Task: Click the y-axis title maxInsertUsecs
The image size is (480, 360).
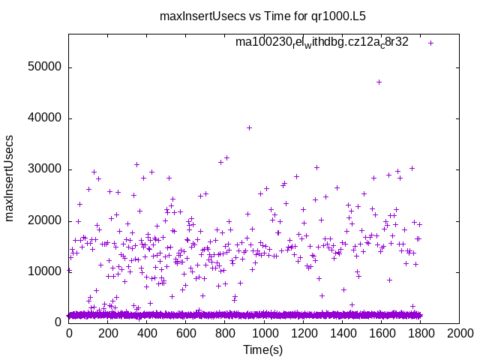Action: point(10,178)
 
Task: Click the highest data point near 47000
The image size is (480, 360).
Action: point(379,82)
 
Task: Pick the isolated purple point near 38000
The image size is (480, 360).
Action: point(249,127)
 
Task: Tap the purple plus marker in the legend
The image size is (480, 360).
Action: point(431,43)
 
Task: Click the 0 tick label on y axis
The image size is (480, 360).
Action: point(58,322)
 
